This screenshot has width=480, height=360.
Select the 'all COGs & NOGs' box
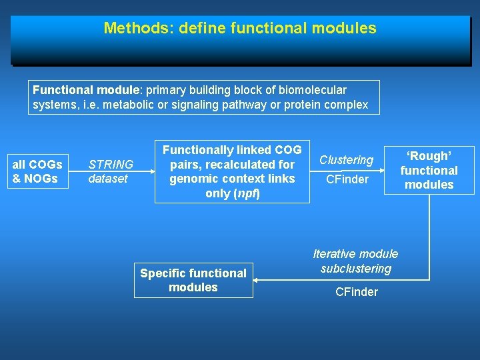click(37, 171)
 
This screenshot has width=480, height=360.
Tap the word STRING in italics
click(111, 164)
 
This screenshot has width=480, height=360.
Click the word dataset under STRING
click(108, 179)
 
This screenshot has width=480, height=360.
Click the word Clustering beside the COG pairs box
click(346, 160)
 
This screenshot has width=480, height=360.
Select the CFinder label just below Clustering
click(346, 179)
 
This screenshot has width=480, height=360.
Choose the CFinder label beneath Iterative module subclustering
click(356, 292)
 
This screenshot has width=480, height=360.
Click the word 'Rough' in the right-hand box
click(429, 156)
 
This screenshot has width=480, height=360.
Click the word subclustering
click(355, 269)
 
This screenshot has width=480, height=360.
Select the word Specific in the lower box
click(159, 273)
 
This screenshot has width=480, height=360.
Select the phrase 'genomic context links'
click(232, 179)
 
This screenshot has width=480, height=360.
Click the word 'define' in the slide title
click(195, 29)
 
